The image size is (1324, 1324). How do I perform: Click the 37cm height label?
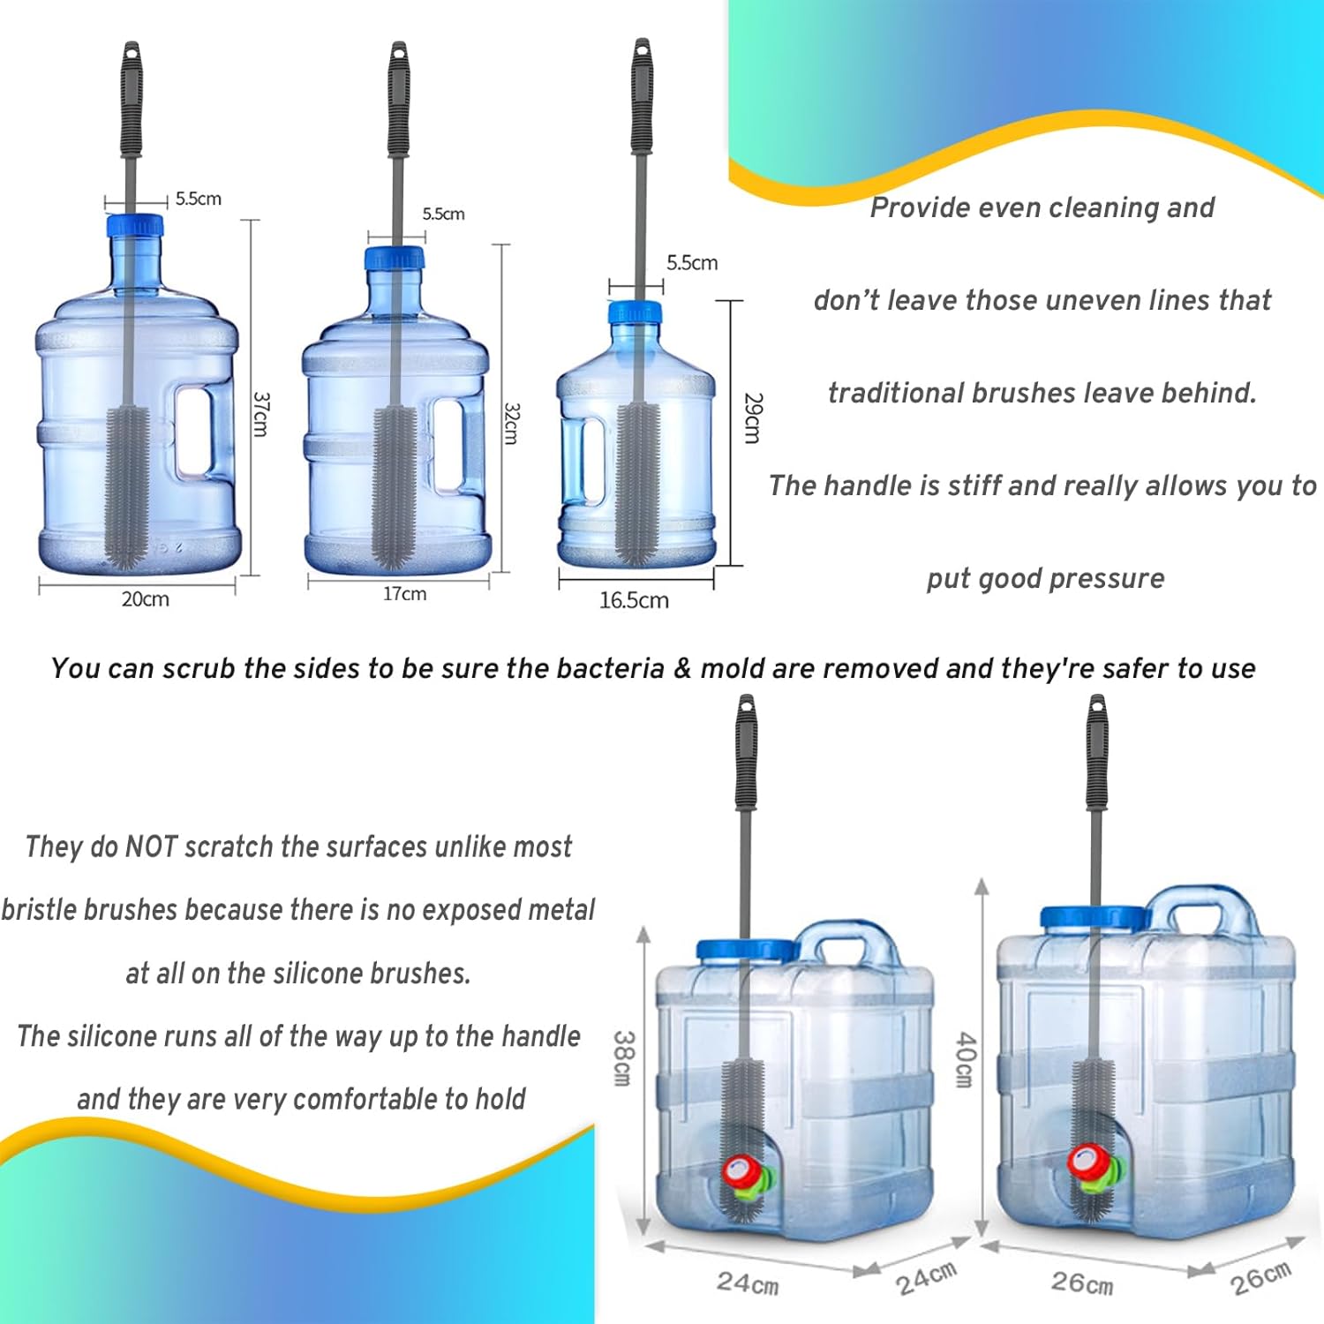point(260,414)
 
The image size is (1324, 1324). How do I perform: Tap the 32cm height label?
point(512,424)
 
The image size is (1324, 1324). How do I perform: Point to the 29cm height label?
point(752,418)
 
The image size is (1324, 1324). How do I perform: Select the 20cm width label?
point(145,599)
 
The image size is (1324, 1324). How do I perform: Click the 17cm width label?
point(404,594)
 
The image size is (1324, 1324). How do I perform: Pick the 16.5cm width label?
point(634,600)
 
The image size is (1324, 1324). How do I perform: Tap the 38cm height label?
point(623,1058)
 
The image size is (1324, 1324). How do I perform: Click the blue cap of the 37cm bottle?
point(135,226)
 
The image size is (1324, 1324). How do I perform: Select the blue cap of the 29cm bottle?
point(635,312)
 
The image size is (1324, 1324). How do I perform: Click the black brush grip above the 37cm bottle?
point(132,98)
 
